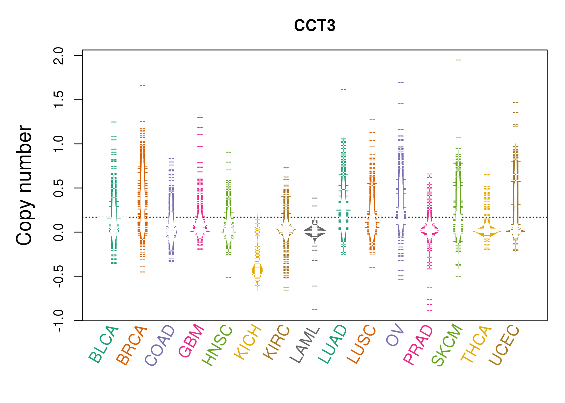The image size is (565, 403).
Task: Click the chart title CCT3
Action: [315, 26]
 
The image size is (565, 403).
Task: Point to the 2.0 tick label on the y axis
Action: [59, 56]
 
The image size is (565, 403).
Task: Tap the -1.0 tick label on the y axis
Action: [59, 321]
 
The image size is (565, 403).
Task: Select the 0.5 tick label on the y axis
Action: [59, 188]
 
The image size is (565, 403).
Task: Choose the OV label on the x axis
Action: [395, 335]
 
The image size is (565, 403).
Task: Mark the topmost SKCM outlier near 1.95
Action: [458, 60]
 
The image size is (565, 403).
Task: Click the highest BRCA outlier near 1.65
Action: [143, 85]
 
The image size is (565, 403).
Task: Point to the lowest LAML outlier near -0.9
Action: [315, 310]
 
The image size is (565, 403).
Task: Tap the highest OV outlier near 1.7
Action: [401, 82]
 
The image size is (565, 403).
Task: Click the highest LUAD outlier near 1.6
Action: [344, 89]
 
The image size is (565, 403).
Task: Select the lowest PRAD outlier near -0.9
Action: [430, 311]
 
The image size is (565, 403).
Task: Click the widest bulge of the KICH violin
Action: [257, 270]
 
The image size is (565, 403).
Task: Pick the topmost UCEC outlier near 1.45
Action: [515, 102]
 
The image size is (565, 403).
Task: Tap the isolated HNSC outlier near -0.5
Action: [229, 277]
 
